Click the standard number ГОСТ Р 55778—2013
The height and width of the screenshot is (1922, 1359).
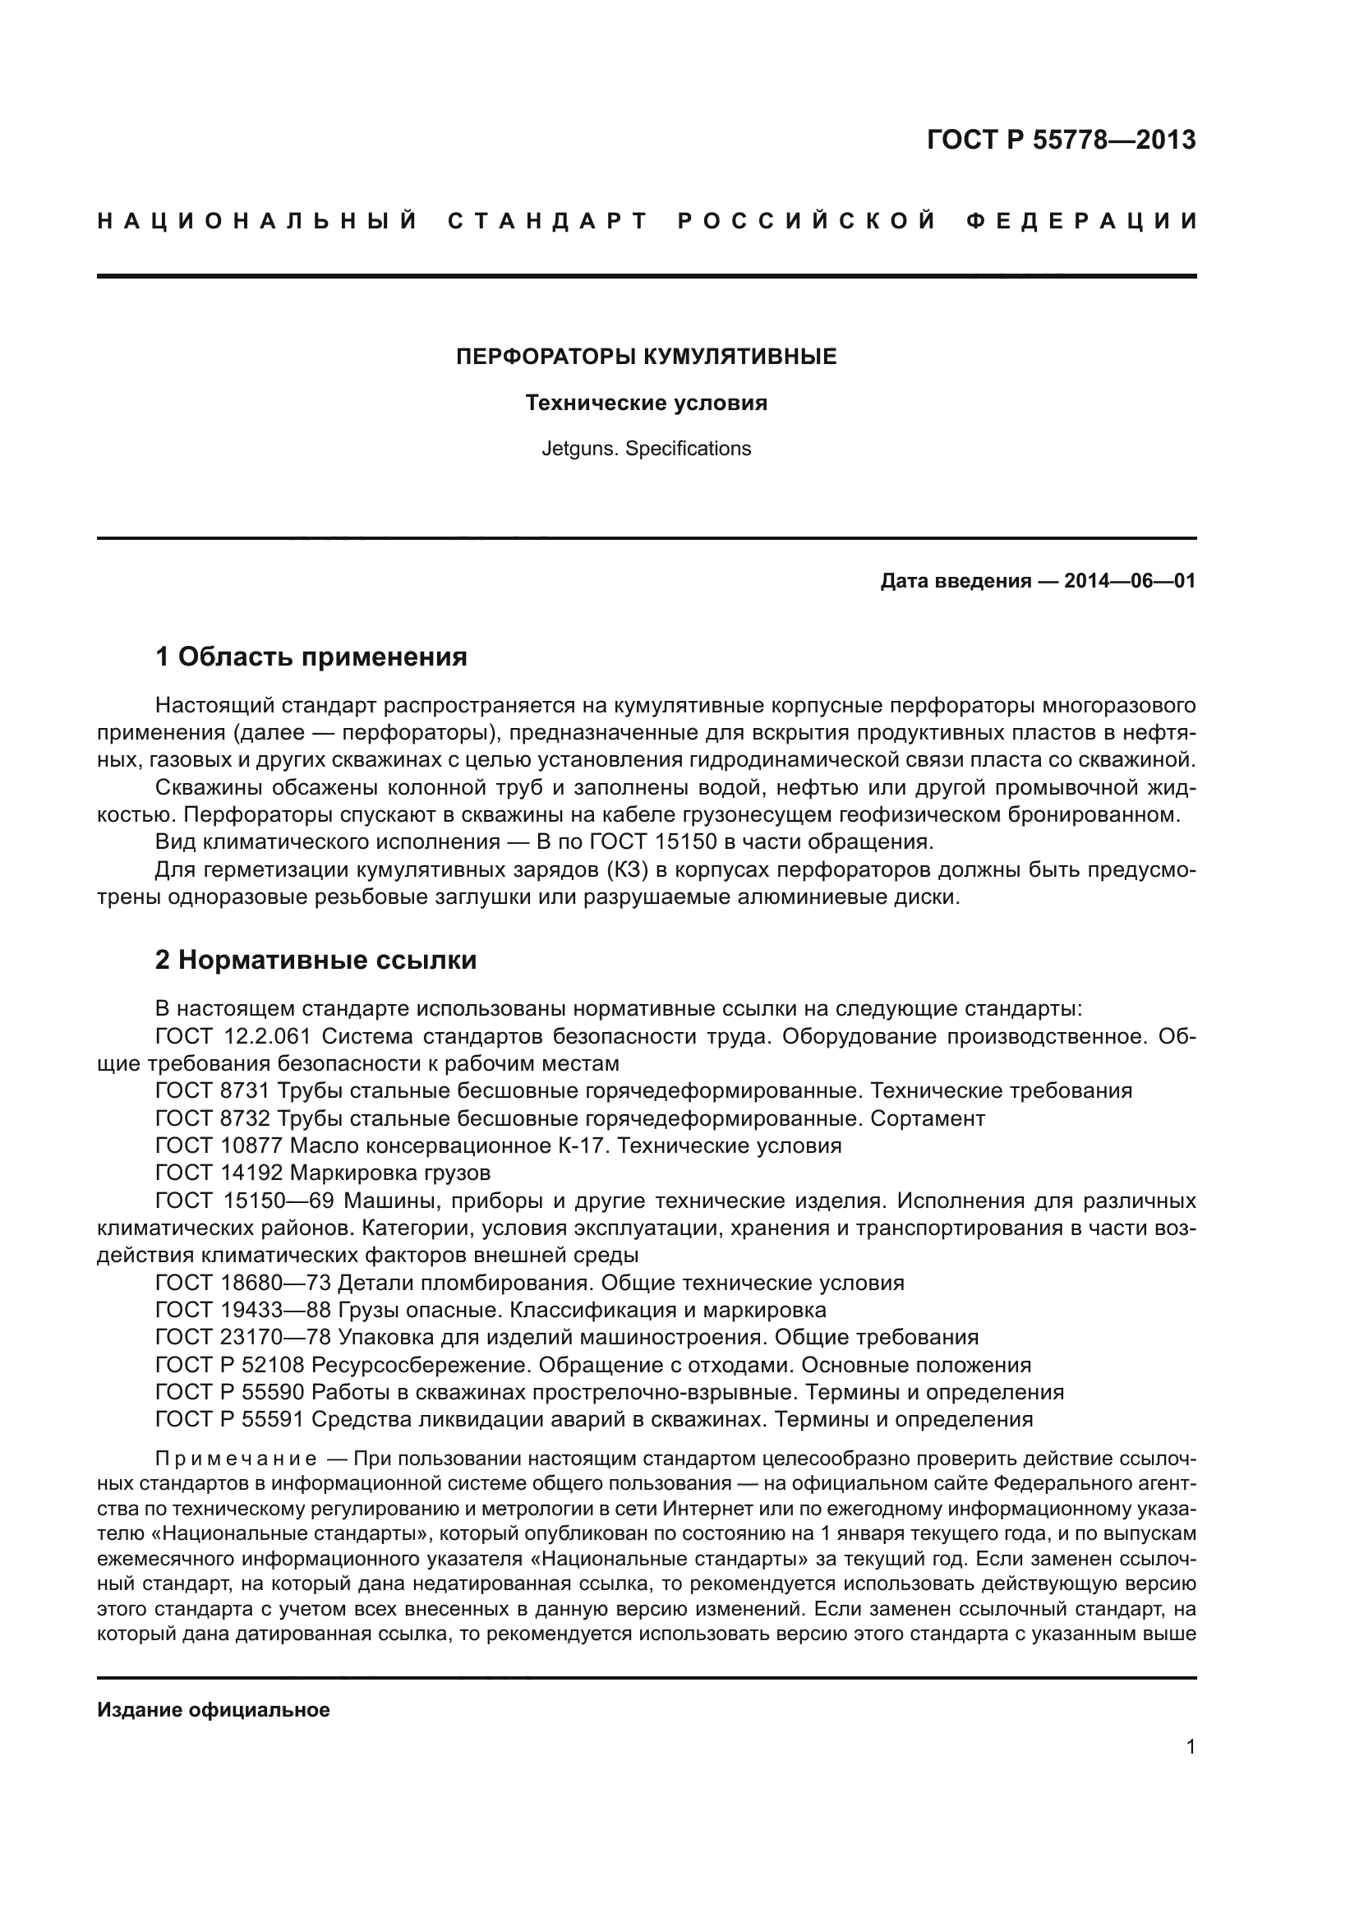(1060, 140)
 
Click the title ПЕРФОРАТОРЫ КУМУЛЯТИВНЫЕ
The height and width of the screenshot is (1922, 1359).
(646, 357)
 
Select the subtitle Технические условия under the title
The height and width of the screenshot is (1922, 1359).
(646, 403)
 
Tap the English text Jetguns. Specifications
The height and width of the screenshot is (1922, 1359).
(646, 449)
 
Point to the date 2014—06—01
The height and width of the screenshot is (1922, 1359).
(1130, 581)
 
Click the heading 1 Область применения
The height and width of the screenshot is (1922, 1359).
(311, 657)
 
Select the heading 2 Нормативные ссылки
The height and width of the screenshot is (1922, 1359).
(316, 959)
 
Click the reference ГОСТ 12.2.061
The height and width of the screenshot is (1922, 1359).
(233, 1036)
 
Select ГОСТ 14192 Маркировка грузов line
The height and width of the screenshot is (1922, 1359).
(323, 1173)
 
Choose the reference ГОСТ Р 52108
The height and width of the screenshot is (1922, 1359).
(230, 1365)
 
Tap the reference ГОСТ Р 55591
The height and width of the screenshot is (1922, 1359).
(230, 1419)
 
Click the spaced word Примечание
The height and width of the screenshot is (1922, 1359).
(236, 1459)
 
